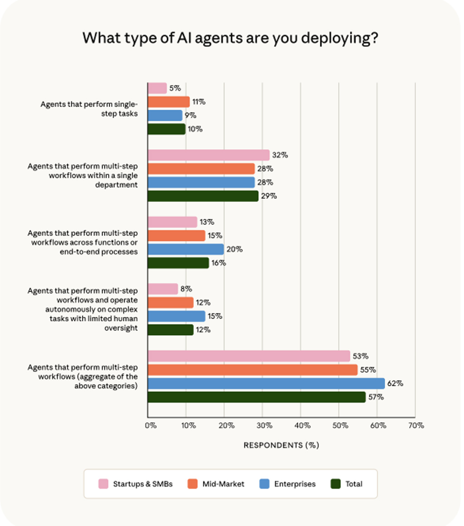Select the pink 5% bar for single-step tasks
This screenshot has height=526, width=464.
[157, 88]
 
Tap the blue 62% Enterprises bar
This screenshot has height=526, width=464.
[266, 384]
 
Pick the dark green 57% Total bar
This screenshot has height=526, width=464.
[256, 397]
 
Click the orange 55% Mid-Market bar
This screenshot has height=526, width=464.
[252, 370]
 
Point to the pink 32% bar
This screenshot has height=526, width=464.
[208, 155]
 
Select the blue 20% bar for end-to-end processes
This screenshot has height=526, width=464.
[186, 249]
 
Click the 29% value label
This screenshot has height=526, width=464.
[269, 196]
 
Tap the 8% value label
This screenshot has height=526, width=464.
[186, 289]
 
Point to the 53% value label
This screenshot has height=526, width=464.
[361, 356]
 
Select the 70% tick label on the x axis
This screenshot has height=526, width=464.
[416, 426]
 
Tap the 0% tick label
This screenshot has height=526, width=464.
[150, 426]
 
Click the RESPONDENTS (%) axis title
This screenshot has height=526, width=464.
[281, 445]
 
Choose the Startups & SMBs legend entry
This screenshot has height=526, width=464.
[135, 484]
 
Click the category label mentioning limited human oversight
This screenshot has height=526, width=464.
[82, 309]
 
